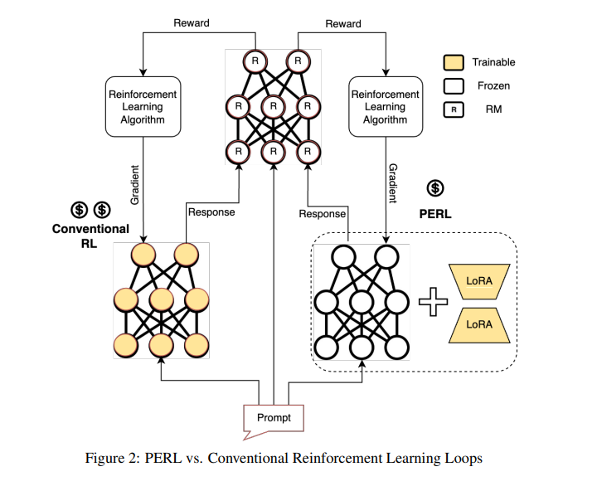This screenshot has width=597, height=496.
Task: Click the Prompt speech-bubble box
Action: [274, 416]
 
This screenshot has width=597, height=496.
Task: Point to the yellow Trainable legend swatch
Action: [454, 62]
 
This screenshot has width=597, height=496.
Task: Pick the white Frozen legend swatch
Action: [454, 85]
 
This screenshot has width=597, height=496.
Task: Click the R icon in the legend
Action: [454, 109]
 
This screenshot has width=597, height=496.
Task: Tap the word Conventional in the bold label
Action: [91, 229]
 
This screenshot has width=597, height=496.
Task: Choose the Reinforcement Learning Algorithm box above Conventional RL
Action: [143, 107]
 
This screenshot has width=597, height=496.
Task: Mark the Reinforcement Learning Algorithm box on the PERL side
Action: [385, 107]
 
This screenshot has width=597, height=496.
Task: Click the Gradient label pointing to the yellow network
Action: [135, 185]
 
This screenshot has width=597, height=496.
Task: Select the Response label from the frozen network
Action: [322, 214]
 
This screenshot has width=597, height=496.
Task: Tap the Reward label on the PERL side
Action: [343, 24]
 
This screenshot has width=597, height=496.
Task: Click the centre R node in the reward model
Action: [272, 106]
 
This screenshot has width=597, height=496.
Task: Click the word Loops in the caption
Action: [464, 457]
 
